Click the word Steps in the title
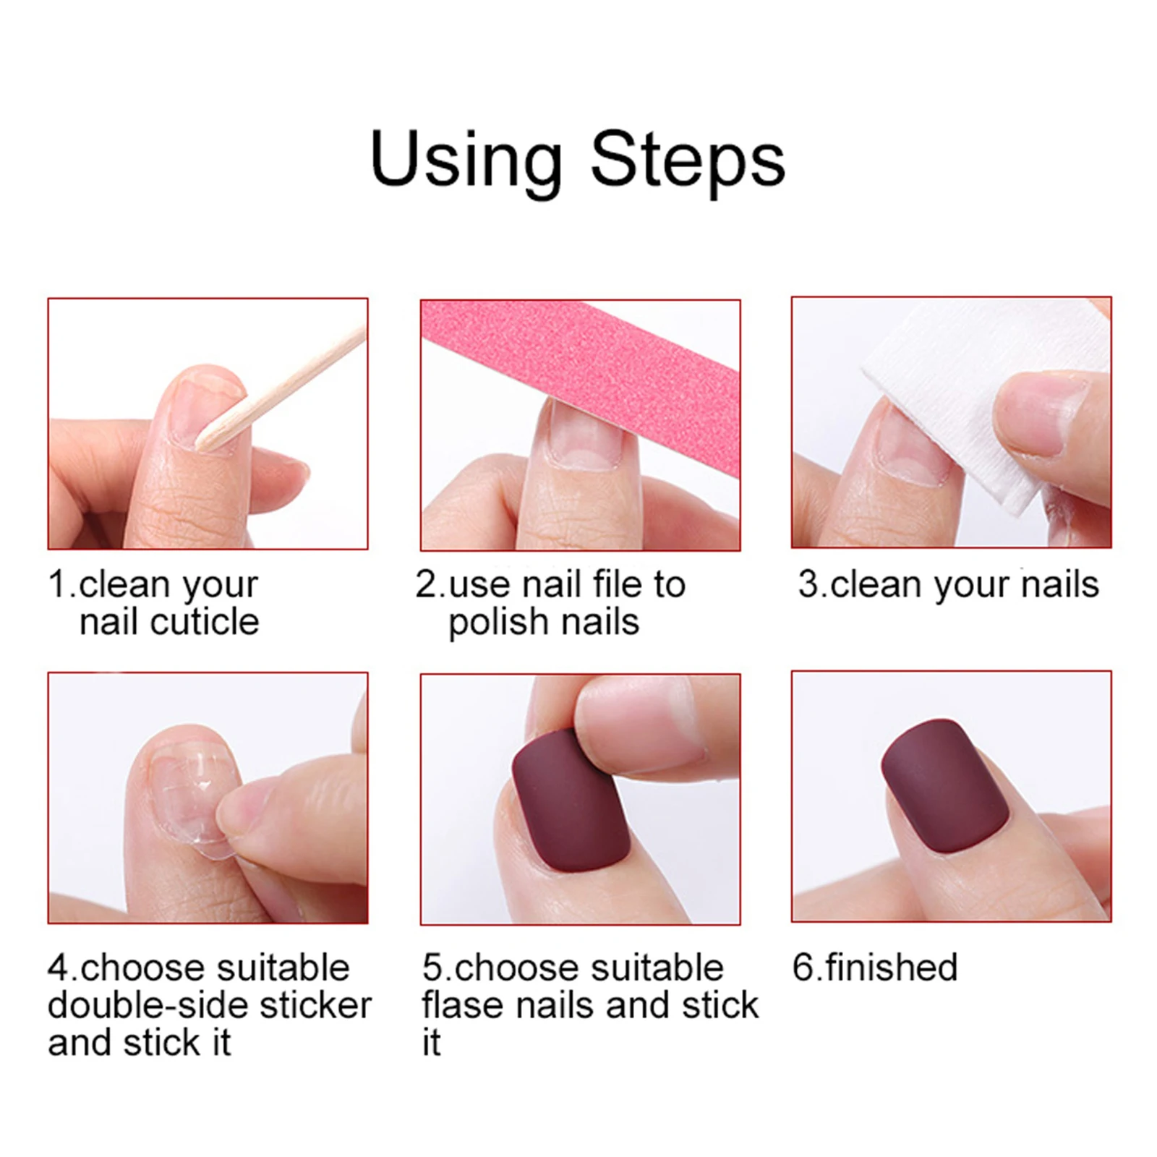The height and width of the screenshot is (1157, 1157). pos(687,161)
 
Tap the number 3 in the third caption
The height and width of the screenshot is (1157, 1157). pos(807,584)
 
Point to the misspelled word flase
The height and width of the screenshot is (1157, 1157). pos(466,1005)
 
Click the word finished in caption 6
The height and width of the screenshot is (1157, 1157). pos(891,968)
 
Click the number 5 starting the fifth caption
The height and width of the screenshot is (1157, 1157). pos(432,968)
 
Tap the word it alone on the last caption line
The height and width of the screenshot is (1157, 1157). pos(431,1043)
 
